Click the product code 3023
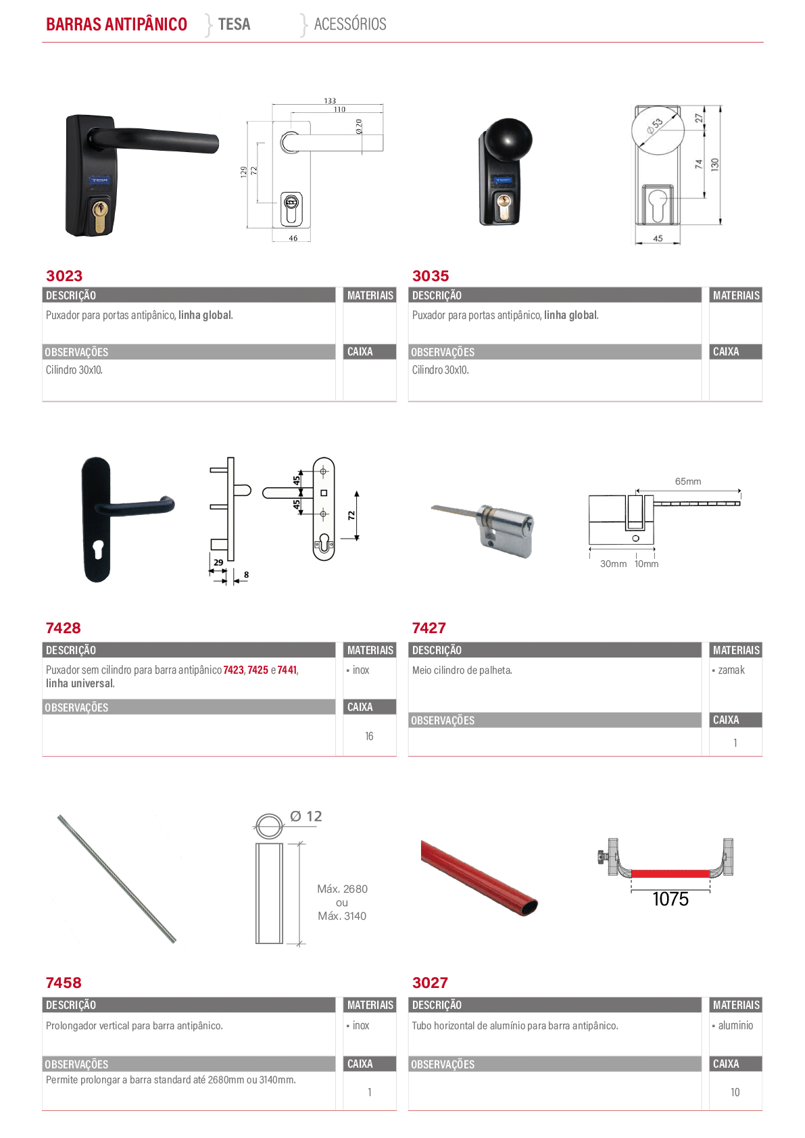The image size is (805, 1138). [64, 276]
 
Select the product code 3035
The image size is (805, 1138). [431, 276]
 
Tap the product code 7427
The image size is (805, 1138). [429, 628]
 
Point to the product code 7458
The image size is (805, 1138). [64, 983]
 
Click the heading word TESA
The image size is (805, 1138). [235, 24]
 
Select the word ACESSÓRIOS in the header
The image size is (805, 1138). [350, 24]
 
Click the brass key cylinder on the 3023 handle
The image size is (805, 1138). [100, 216]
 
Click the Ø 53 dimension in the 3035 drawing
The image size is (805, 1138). [654, 126]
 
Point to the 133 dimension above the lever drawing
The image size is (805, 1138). [330, 101]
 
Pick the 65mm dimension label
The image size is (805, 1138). [687, 481]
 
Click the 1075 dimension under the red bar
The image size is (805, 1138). [670, 899]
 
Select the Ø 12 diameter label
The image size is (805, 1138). [306, 816]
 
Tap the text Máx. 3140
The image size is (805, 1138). [342, 916]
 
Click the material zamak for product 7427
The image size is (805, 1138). [731, 670]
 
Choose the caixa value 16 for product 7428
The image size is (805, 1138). [369, 736]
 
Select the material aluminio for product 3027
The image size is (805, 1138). [735, 1025]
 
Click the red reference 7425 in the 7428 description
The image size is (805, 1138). [258, 670]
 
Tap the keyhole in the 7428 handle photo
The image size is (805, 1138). [99, 549]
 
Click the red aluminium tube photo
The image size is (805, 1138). [479, 877]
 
